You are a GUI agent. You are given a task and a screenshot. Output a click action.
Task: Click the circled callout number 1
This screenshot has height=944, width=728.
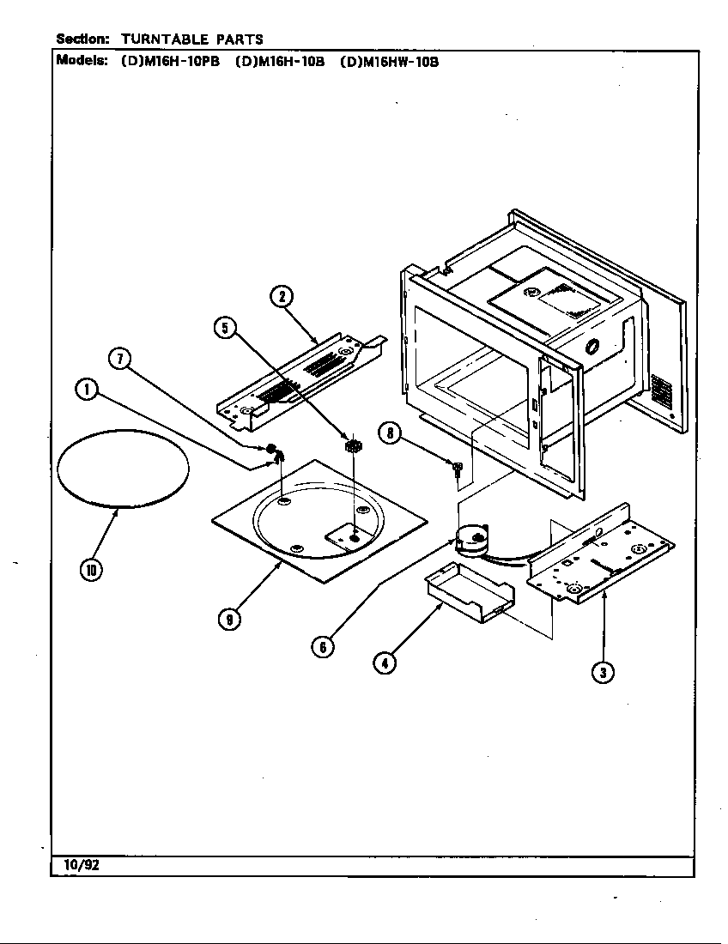(x=86, y=390)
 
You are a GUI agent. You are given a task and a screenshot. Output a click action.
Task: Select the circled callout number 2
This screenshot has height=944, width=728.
(x=282, y=297)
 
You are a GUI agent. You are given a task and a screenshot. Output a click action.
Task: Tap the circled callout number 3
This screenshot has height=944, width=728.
(x=604, y=672)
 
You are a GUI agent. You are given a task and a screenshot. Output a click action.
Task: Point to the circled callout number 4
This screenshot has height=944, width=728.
(x=385, y=663)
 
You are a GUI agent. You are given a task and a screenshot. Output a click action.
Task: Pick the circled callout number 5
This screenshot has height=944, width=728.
(x=225, y=327)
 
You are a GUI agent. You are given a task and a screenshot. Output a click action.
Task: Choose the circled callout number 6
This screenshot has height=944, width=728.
(x=323, y=647)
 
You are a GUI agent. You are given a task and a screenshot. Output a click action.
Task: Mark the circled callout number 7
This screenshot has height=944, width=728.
(x=119, y=359)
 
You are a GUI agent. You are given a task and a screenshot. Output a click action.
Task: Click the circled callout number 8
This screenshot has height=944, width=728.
(x=390, y=434)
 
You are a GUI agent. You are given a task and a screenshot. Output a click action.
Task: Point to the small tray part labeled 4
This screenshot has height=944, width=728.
(x=469, y=592)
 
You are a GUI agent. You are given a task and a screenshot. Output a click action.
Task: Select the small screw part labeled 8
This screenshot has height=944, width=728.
(x=458, y=467)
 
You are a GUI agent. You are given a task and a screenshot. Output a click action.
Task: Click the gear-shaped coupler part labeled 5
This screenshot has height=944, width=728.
(x=351, y=445)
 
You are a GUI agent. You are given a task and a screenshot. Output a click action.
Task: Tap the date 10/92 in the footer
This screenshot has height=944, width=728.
(x=81, y=865)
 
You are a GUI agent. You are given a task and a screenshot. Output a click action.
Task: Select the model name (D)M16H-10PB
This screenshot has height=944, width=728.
(x=168, y=62)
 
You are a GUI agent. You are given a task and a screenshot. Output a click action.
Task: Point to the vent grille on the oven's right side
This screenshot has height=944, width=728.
(x=661, y=392)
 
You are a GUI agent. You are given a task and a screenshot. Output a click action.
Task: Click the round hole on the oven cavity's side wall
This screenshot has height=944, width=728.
(x=591, y=348)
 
